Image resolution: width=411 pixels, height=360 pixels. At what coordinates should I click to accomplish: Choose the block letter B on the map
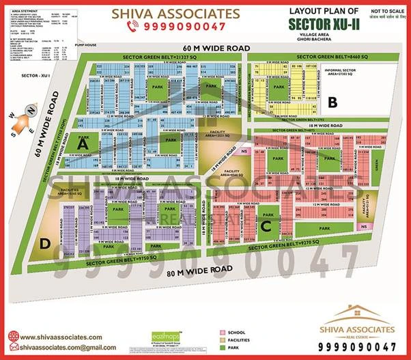pyautogui.click(x=332, y=104)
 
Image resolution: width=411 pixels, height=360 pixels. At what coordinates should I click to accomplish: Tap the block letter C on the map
pyautogui.click(x=267, y=225)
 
